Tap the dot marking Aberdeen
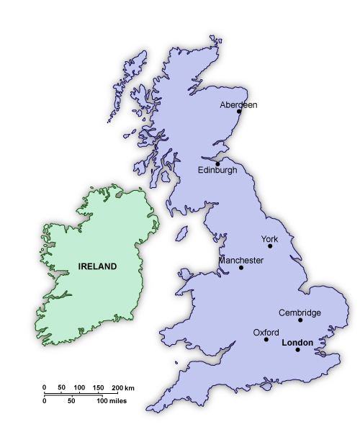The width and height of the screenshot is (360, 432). [238, 112]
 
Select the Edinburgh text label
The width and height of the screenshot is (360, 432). [217, 171]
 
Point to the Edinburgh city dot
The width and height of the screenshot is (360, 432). [217, 163]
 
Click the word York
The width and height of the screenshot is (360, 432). [269, 238]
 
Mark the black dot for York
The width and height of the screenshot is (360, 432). [270, 246]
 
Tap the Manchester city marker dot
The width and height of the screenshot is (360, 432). [241, 268]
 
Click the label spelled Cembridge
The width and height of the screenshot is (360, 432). [300, 312]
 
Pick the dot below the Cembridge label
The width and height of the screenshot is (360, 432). [300, 320]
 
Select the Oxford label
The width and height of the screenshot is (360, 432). [266, 332]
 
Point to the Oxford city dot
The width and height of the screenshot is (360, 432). [266, 339]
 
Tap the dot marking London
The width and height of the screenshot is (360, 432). [297, 350]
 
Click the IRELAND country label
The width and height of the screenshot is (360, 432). [97, 266]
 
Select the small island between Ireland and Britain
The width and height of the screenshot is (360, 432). [182, 235]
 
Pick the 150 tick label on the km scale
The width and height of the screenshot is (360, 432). [98, 388]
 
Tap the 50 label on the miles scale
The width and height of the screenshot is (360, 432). [71, 400]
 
